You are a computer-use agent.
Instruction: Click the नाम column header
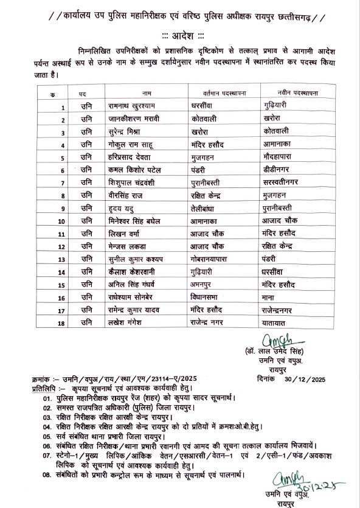click(x=146, y=94)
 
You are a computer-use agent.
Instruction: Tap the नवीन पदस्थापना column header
click(x=298, y=94)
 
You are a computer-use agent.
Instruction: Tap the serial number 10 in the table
click(x=61, y=221)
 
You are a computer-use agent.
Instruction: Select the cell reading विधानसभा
click(x=209, y=297)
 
